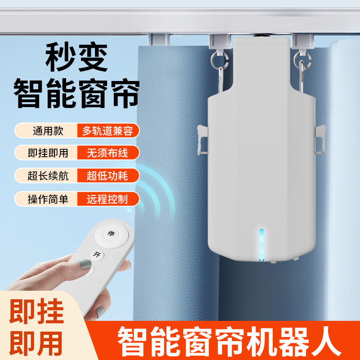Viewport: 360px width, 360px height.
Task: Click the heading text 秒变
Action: coord(77,57)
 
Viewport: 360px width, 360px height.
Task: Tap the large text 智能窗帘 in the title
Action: coord(77,94)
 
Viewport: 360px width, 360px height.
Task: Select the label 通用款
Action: coord(46,131)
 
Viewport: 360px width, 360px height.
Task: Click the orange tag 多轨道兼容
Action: coord(108,131)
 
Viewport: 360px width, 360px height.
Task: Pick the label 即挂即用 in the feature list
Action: coord(46,153)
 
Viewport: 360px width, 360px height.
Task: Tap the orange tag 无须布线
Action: coord(108,153)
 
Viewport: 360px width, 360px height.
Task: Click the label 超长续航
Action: coord(46,175)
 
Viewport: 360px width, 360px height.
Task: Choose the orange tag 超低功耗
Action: coord(108,175)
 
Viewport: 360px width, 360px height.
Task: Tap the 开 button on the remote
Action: coord(96,255)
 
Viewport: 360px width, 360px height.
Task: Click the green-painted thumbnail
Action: coord(84,266)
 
